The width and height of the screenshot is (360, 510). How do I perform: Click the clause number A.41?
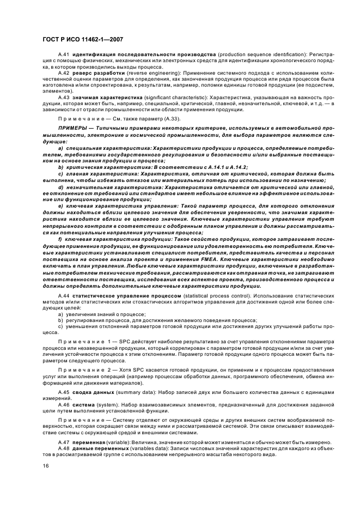tap(64, 56)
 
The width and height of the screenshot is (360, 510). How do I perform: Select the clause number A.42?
tap(64, 72)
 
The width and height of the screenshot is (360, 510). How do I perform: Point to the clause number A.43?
tap(64, 96)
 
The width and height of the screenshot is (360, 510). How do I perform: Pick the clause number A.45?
tap(64, 392)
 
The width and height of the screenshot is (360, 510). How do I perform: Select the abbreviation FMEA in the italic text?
tap(192, 258)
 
